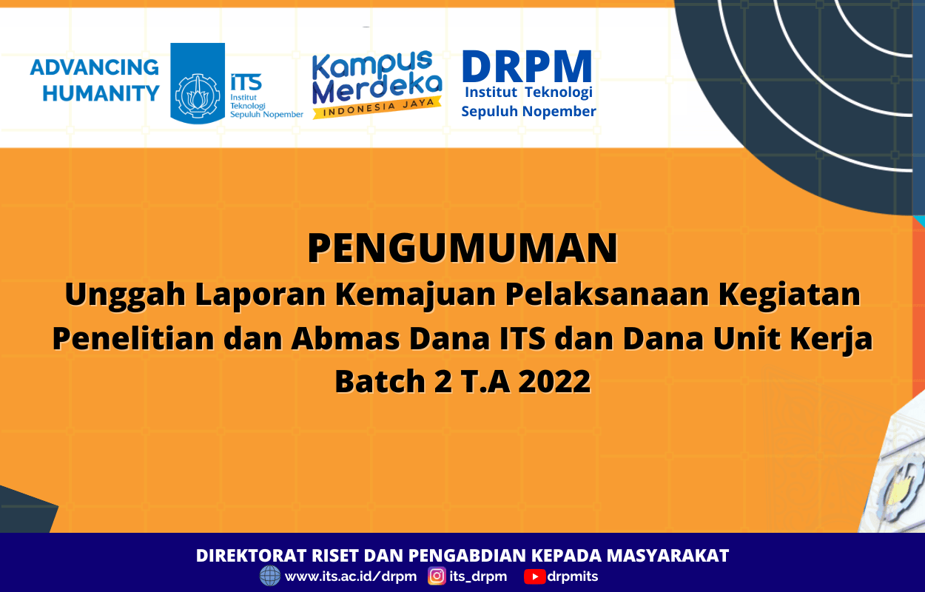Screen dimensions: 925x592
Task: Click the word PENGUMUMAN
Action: (x=462, y=248)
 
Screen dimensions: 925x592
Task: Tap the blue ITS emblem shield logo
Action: (x=198, y=83)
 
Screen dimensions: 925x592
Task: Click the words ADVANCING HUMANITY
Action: (x=95, y=80)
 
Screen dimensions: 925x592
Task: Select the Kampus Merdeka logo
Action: (x=377, y=84)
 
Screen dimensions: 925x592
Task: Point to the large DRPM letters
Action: (x=528, y=67)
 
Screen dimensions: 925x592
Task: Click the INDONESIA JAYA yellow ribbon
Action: (x=377, y=107)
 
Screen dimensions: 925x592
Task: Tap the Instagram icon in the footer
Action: (x=437, y=576)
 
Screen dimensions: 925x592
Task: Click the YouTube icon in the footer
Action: (x=535, y=576)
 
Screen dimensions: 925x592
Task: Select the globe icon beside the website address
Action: (x=270, y=576)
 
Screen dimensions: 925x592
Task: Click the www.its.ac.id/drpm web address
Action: (x=351, y=576)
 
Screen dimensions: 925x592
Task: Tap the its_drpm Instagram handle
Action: (x=478, y=576)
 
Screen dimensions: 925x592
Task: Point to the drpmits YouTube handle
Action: (x=573, y=576)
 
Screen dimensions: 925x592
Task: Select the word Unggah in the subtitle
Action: (x=125, y=295)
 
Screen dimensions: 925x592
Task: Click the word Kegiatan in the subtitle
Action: (x=790, y=295)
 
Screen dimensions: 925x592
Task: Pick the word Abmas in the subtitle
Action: (x=346, y=338)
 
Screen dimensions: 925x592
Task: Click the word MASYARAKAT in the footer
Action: (x=667, y=555)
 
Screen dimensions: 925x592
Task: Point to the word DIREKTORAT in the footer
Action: (x=252, y=555)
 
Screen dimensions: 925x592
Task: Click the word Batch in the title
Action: (x=380, y=381)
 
